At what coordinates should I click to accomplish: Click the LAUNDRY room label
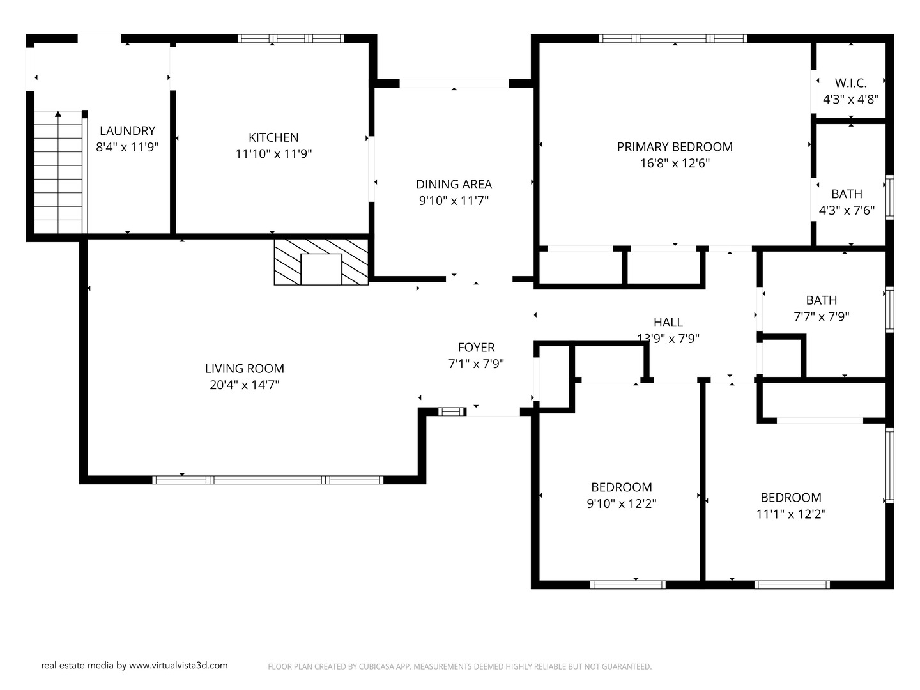pyautogui.click(x=127, y=131)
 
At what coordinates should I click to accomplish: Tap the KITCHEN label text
pyautogui.click(x=273, y=137)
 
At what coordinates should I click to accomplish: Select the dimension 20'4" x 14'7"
pyautogui.click(x=245, y=385)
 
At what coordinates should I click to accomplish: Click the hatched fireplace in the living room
pyautogui.click(x=321, y=262)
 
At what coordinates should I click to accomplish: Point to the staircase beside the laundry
pyautogui.click(x=58, y=172)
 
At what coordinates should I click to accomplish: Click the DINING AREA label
pyautogui.click(x=454, y=185)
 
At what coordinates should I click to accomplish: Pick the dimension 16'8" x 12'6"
pyautogui.click(x=675, y=163)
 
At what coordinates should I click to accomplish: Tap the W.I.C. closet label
pyautogui.click(x=850, y=83)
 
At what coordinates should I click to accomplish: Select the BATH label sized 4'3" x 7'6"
pyautogui.click(x=847, y=194)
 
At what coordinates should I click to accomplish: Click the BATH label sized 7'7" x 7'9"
pyautogui.click(x=821, y=300)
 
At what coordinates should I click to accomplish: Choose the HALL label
pyautogui.click(x=668, y=323)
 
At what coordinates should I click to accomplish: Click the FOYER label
pyautogui.click(x=476, y=348)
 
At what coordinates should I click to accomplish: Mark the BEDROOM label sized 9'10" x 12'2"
pyautogui.click(x=621, y=487)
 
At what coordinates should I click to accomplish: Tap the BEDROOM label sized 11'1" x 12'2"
pyautogui.click(x=790, y=498)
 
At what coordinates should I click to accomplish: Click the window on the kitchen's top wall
pyautogui.click(x=291, y=39)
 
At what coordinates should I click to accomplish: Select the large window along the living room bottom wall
pyautogui.click(x=268, y=480)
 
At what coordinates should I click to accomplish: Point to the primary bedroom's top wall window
pyautogui.click(x=673, y=39)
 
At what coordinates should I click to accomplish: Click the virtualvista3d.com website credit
pyautogui.click(x=134, y=665)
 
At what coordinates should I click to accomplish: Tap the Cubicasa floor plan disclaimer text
pyautogui.click(x=459, y=666)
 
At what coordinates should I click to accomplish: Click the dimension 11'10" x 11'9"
pyautogui.click(x=273, y=154)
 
